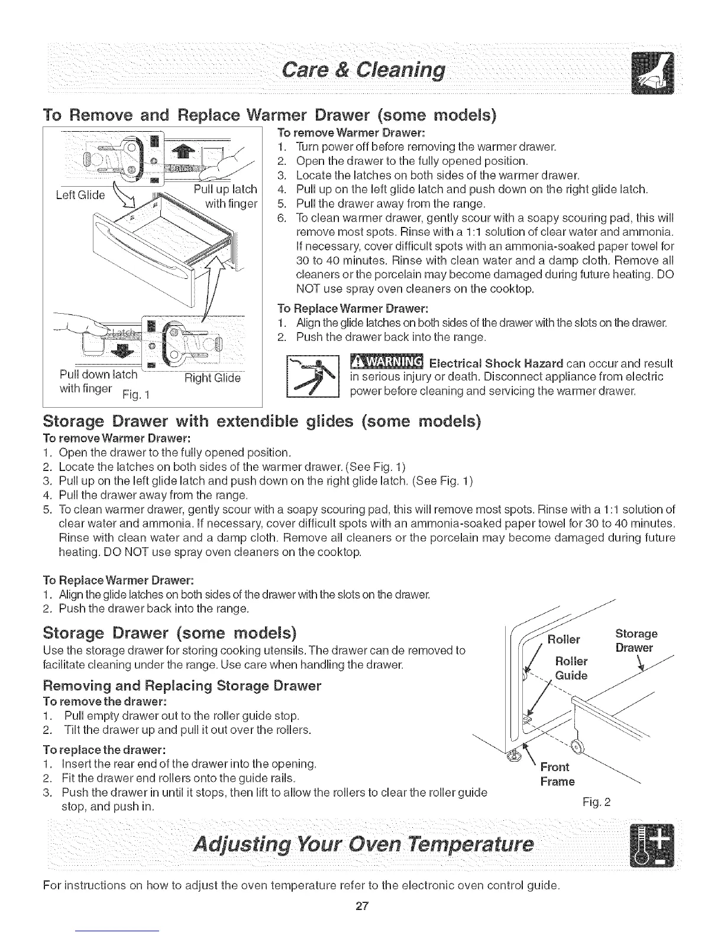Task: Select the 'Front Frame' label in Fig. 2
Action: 557,775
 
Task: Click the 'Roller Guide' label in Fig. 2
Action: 571,668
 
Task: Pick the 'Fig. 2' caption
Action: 596,802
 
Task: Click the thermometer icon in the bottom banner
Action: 648,847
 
